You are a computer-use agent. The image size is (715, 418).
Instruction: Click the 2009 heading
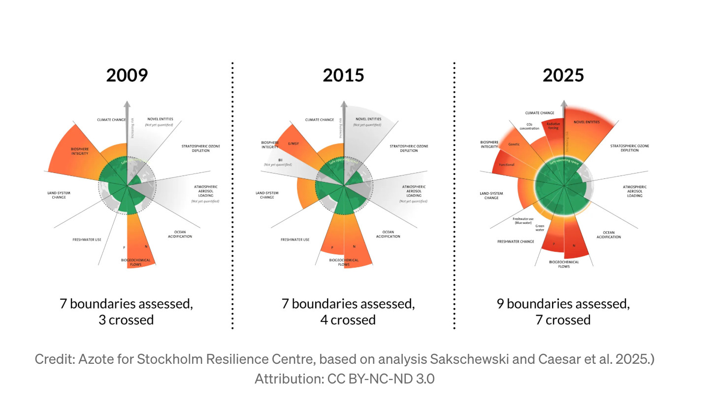pyautogui.click(x=127, y=75)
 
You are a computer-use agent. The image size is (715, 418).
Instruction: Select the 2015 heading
pyautogui.click(x=343, y=75)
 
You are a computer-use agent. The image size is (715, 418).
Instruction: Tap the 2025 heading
pyautogui.click(x=563, y=75)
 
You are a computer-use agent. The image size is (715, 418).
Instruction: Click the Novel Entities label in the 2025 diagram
pyautogui.click(x=586, y=122)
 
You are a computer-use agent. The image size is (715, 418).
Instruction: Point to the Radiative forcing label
pyautogui.click(x=553, y=126)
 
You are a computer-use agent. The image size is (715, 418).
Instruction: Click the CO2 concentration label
pyautogui.click(x=529, y=127)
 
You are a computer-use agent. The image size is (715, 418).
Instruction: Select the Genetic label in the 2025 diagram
pyautogui.click(x=514, y=144)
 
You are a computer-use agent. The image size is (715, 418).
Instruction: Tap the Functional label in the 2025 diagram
pyautogui.click(x=506, y=165)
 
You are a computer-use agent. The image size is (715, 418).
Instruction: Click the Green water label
pyautogui.click(x=540, y=228)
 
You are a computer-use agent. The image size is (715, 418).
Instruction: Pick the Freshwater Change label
pyautogui.click(x=516, y=242)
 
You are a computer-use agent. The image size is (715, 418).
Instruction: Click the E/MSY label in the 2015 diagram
pyautogui.click(x=293, y=144)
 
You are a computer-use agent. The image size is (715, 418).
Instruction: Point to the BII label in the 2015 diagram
pyautogui.click(x=280, y=160)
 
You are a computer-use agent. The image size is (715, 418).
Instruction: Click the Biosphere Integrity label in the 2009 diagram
pyautogui.click(x=79, y=151)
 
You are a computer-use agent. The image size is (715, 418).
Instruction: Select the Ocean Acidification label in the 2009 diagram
pyautogui.click(x=180, y=234)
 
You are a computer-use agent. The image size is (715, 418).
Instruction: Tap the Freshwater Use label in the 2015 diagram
pyautogui.click(x=295, y=240)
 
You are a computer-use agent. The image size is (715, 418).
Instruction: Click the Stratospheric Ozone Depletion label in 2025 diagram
pyautogui.click(x=629, y=148)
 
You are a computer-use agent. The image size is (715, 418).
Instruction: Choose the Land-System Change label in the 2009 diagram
pyautogui.click(x=59, y=195)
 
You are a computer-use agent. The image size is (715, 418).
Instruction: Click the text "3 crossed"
pyautogui.click(x=126, y=320)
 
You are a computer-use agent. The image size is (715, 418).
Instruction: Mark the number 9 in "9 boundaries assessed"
pyautogui.click(x=500, y=304)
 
